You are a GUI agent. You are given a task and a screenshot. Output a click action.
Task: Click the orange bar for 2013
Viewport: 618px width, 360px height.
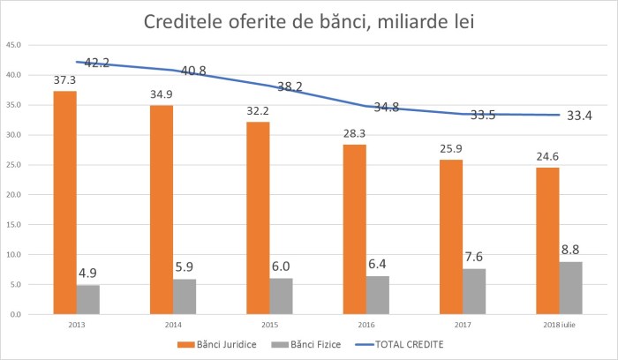[x=64, y=202]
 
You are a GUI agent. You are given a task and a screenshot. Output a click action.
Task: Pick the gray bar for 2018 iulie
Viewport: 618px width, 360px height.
[x=571, y=288]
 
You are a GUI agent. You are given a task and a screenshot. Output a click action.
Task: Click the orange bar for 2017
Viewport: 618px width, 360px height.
[x=450, y=236]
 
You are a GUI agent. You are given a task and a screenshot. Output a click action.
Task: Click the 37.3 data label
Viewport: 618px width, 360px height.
[x=64, y=80]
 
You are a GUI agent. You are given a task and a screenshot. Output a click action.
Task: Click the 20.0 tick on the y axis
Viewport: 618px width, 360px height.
[x=15, y=194]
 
